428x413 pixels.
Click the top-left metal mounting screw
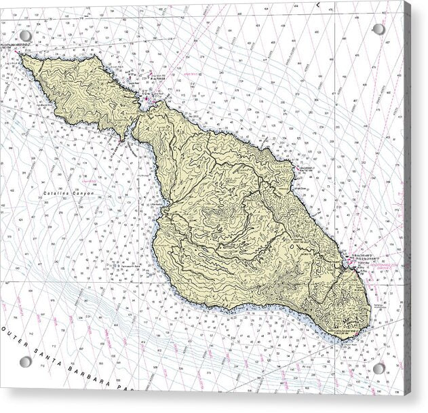(25, 35)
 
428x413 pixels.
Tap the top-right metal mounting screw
(378, 29)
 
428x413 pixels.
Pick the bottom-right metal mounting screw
(378, 368)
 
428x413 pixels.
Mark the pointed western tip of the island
(22, 56)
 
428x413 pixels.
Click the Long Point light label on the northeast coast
(305, 165)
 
